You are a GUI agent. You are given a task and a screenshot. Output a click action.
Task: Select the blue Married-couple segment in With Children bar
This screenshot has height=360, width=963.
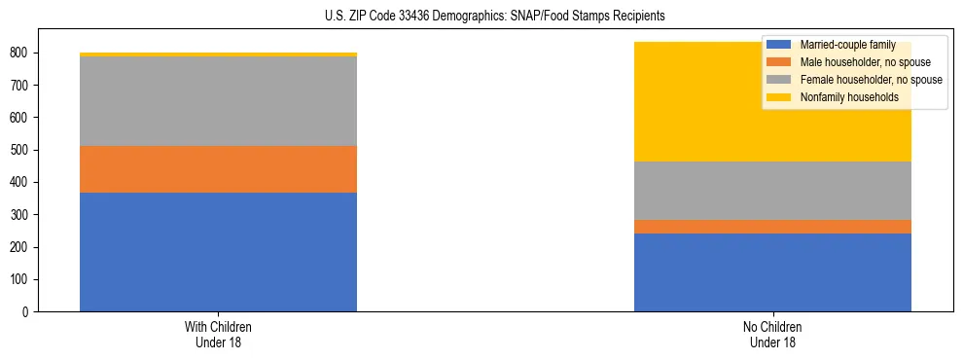218,252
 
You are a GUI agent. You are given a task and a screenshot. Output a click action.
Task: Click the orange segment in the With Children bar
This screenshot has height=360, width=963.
218,169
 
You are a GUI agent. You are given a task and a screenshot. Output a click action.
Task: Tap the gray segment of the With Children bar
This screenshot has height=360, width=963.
218,101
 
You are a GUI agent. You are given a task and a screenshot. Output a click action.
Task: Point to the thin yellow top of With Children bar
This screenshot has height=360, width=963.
218,54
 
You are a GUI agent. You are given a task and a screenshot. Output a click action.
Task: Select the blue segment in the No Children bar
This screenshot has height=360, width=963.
772,272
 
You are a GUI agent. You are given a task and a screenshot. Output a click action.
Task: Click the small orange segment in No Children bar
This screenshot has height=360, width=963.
772,227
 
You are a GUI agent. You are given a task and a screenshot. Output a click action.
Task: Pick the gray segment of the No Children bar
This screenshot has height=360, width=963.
772,191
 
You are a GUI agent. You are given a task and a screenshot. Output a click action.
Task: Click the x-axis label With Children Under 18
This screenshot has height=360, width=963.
218,334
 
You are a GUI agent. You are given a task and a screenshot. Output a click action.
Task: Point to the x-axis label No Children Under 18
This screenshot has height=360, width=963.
772,334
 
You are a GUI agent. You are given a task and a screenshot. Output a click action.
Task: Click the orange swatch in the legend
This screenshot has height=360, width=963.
780,62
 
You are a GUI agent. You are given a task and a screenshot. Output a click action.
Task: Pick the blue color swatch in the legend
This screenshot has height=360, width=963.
780,45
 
